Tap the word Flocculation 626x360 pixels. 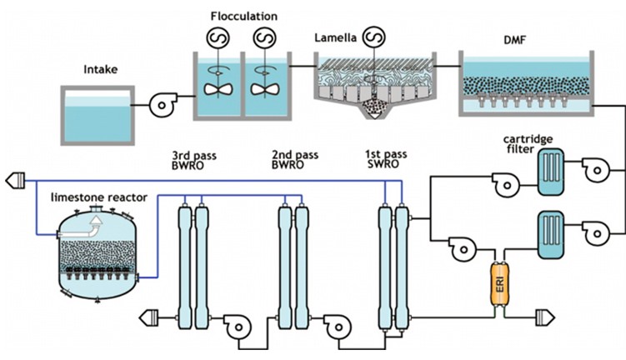click(x=244, y=16)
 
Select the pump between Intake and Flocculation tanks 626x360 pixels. click(x=160, y=105)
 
